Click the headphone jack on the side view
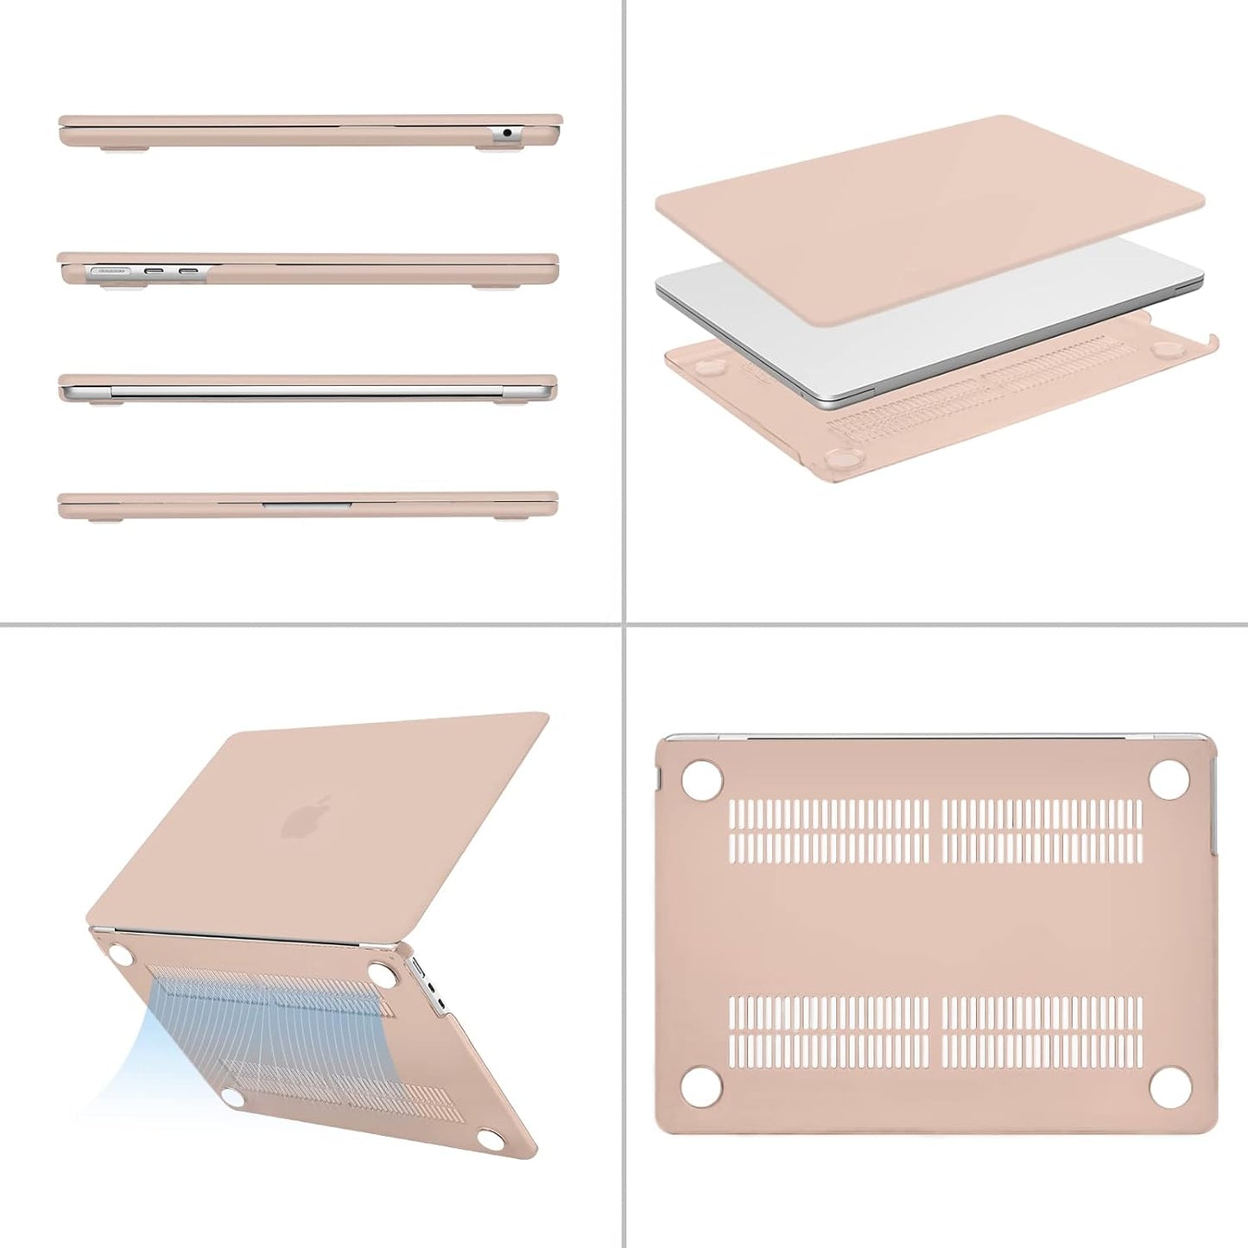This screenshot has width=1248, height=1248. point(506,134)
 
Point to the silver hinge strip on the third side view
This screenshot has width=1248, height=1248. point(307,392)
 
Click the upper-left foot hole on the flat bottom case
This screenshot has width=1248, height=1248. point(702,776)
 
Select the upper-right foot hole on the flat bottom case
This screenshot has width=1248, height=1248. point(1169,776)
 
